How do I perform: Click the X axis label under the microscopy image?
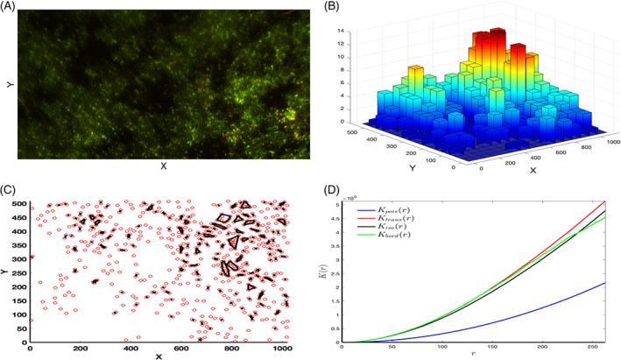tap(164, 166)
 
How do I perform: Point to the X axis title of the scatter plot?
tap(159, 356)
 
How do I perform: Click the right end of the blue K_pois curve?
tap(604, 282)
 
